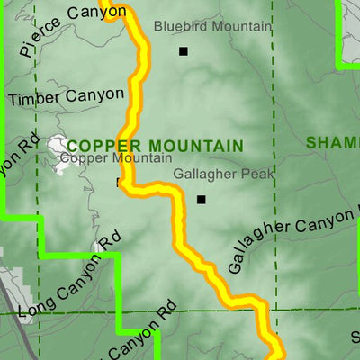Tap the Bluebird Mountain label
[211, 26]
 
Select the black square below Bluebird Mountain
[184, 51]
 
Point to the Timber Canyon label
[66, 94]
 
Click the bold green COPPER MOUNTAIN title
[154, 146]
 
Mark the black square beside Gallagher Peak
[202, 200]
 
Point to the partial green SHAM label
[332, 143]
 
